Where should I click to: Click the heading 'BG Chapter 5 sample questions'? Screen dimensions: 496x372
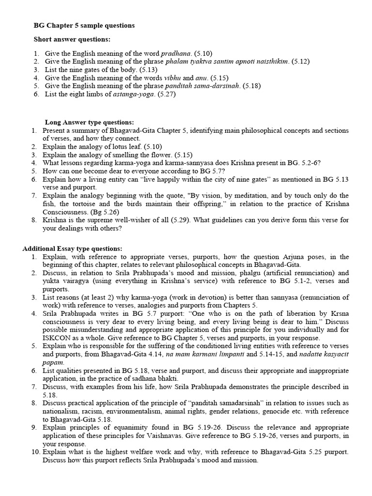(84, 25)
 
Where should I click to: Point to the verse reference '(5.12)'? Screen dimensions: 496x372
(301, 62)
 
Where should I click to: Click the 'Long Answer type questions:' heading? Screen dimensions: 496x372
(90, 123)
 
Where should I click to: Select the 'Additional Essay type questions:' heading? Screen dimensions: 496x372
(72, 248)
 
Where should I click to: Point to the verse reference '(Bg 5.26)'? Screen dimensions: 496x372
(104, 212)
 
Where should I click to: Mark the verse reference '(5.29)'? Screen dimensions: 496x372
(180, 220)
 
